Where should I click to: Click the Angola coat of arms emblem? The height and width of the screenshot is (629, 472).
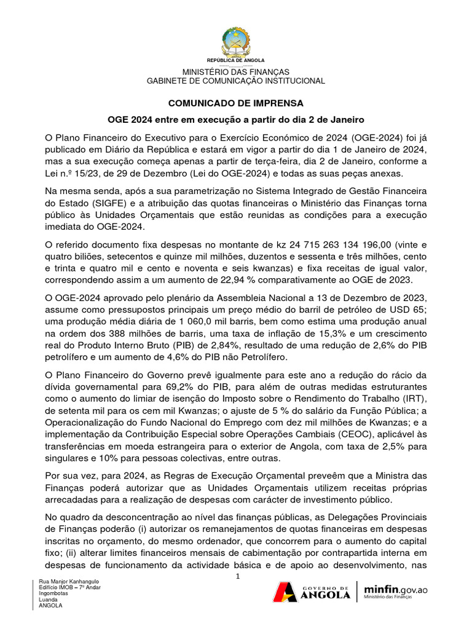click(x=236, y=41)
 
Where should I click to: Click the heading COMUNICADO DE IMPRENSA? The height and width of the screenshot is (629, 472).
click(x=236, y=103)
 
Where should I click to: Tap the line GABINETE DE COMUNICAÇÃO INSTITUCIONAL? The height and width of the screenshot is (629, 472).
click(x=236, y=81)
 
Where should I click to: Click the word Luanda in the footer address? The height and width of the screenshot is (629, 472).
click(x=48, y=600)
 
